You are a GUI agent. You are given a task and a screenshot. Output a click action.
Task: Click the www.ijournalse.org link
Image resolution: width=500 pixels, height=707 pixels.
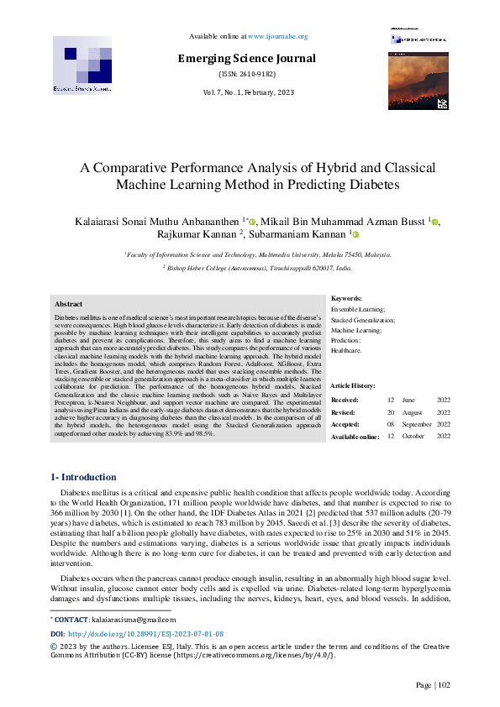pyautogui.click(x=277, y=37)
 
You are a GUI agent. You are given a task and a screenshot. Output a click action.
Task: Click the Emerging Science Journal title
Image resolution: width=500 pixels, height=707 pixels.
pyautogui.click(x=246, y=58)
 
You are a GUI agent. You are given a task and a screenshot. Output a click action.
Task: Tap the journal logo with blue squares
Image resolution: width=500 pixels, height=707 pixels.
pyautogui.click(x=82, y=65)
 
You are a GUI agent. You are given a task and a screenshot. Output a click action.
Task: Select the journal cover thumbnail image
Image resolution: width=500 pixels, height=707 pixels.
pyautogui.click(x=418, y=79)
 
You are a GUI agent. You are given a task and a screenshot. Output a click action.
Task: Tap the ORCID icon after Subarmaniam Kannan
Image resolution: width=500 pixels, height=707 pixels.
pyautogui.click(x=355, y=235)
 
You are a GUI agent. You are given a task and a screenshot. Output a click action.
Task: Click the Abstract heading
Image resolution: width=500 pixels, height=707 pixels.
pyautogui.click(x=68, y=304)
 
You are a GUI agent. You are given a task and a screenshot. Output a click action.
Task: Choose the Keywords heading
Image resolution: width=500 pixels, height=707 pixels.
pyautogui.click(x=346, y=298)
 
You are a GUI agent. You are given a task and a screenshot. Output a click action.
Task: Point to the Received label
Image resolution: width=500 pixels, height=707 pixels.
pyautogui.click(x=345, y=400)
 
